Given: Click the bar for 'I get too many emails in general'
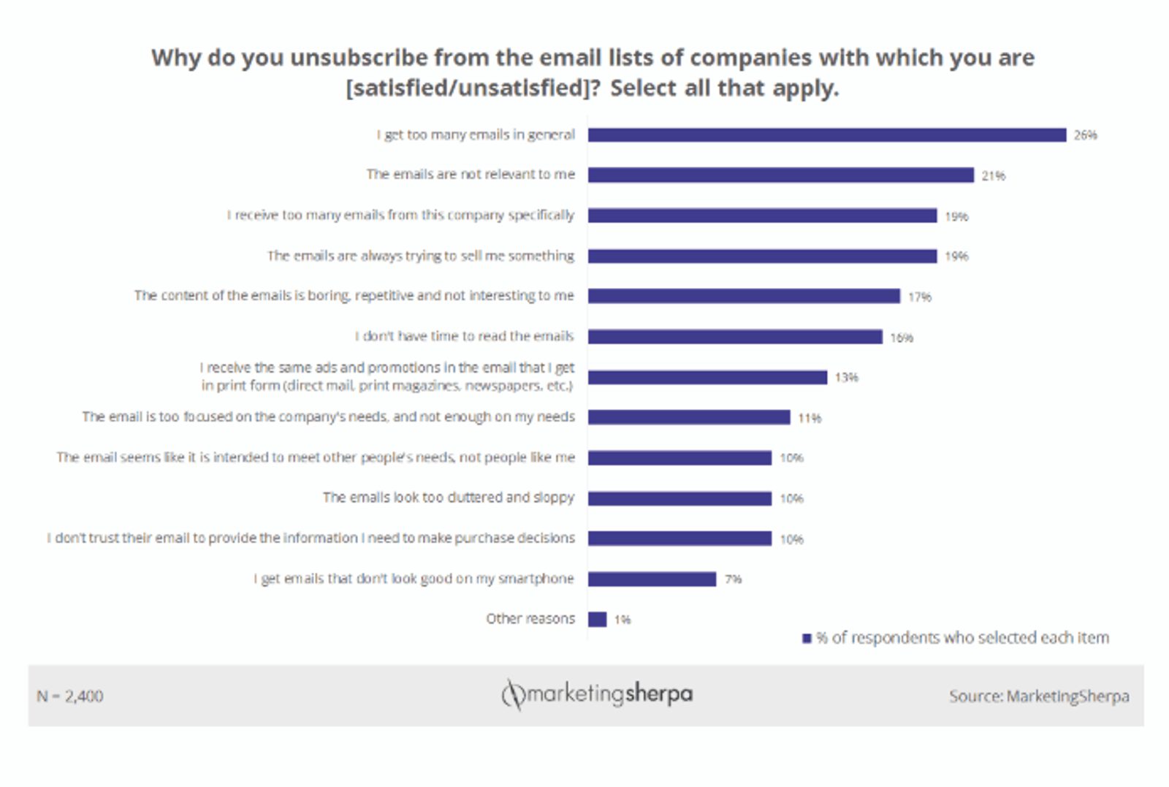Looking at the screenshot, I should (x=826, y=135).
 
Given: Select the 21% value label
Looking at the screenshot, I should (x=993, y=176).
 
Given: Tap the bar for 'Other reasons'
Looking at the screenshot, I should (x=597, y=620).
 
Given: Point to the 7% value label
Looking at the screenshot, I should (x=733, y=579).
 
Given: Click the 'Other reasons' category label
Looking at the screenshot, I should (x=530, y=619).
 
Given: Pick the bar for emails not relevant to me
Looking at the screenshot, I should (x=780, y=175).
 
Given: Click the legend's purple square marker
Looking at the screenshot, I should (x=807, y=639).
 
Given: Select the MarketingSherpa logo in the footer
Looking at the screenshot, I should (x=597, y=694).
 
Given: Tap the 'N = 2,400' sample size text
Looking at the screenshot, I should (x=70, y=696).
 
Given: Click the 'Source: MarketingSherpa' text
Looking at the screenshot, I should (x=1038, y=696).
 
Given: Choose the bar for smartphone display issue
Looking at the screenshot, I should (x=652, y=579).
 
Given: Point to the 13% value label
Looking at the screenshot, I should (x=846, y=378).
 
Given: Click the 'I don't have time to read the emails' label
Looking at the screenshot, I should (x=464, y=336).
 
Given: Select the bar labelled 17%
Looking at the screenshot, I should (x=744, y=296).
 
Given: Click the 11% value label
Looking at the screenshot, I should (x=809, y=418).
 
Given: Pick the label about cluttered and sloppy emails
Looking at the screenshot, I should (x=448, y=498).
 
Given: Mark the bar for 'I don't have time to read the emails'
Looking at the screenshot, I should (x=735, y=337).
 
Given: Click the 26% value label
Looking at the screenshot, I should (x=1085, y=135).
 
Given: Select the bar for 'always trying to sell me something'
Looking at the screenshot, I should (x=762, y=256).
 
